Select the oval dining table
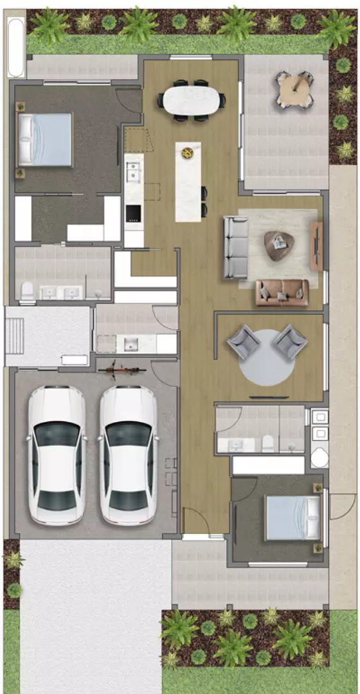191,100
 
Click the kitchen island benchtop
188,180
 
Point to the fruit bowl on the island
188,153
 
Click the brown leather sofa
282,292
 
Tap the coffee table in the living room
279,244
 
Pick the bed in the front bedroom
292,517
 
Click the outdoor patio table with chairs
294,90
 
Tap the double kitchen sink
134,173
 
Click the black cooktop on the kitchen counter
133,213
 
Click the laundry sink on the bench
130,344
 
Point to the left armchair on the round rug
243,341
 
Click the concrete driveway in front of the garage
90,610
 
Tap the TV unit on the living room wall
316,247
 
